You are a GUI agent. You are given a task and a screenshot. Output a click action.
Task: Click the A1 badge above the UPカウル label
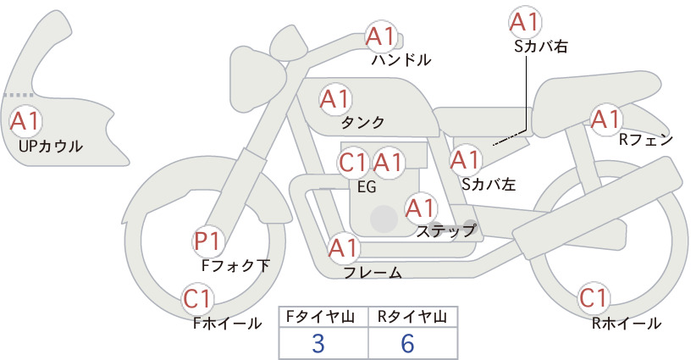click(25, 121)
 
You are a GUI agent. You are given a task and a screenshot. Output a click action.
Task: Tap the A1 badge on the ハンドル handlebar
click(381, 36)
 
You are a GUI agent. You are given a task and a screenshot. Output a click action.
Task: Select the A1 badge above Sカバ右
click(525, 22)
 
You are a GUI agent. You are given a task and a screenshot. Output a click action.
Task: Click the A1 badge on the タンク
click(335, 99)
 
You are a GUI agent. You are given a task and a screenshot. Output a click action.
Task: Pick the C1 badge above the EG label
click(353, 163)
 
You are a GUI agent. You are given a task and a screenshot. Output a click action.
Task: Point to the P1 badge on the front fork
click(207, 241)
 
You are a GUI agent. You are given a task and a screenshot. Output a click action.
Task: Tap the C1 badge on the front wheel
click(197, 299)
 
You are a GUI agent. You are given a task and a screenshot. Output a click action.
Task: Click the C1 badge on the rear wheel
click(594, 298)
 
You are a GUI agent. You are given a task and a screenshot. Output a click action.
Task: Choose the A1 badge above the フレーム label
click(344, 248)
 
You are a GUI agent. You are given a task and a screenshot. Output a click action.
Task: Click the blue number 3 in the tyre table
click(318, 343)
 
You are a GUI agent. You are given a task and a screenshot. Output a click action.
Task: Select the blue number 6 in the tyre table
click(407, 343)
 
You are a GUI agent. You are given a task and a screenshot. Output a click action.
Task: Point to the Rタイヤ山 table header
click(412, 317)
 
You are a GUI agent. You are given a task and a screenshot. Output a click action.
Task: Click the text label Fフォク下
click(235, 265)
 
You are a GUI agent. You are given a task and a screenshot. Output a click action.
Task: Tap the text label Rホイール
click(627, 324)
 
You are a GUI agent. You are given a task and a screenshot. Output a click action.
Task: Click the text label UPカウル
click(51, 146)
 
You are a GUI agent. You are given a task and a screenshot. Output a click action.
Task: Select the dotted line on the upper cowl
click(19, 95)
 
